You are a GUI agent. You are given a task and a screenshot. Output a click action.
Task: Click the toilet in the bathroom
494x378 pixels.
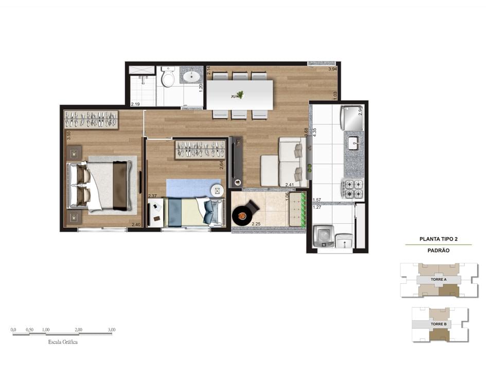click(167, 78)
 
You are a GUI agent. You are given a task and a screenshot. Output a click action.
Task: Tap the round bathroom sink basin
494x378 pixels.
click(192, 77)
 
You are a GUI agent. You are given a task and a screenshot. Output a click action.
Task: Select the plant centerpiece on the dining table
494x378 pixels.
click(238, 95)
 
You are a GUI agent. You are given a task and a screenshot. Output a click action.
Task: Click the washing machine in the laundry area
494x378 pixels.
click(324, 237)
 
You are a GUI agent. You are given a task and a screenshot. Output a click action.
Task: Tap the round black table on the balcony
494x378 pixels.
click(242, 217)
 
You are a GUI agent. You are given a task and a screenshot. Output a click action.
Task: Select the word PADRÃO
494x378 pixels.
click(438, 250)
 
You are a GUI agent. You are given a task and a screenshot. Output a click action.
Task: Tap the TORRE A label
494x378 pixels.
click(438, 280)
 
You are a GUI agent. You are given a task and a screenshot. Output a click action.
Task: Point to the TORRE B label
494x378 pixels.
click(438, 325)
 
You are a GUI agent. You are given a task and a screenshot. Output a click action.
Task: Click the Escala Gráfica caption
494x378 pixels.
click(63, 342)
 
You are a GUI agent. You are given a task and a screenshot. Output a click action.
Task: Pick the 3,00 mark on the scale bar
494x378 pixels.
click(111, 330)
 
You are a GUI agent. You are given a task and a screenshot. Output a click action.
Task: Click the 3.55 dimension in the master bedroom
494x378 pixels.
click(68, 136)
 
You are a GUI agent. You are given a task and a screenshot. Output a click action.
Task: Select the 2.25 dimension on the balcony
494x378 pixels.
click(256, 224)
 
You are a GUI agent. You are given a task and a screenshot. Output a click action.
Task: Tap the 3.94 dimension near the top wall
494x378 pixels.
click(333, 69)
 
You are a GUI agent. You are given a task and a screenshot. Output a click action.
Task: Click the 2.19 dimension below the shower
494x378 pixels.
click(136, 104)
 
